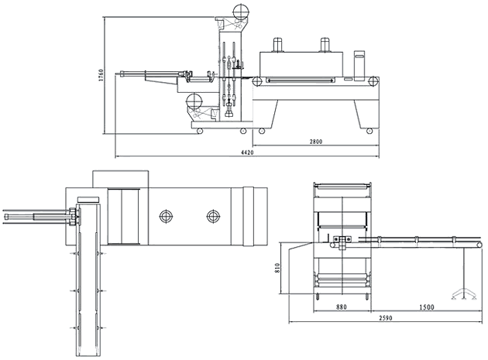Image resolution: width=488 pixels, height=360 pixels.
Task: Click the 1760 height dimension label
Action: (101, 76)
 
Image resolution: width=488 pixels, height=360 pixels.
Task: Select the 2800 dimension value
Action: (316, 142)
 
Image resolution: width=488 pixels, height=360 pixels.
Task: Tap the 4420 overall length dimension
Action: (247, 153)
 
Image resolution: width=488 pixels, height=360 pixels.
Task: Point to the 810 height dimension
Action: (277, 268)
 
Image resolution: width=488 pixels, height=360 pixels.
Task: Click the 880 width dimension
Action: (341, 307)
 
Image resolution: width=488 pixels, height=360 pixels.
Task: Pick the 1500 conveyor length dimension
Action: (426, 307)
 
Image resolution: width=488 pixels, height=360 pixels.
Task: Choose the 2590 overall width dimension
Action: (386, 317)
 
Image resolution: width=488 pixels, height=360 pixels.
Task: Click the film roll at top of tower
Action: (242, 12)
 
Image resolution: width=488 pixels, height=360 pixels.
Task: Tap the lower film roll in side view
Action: (194, 101)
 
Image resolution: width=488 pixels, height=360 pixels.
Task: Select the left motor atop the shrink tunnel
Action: (278, 44)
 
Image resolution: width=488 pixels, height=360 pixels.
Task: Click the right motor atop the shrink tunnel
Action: (325, 44)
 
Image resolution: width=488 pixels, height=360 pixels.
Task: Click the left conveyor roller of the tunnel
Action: (257, 81)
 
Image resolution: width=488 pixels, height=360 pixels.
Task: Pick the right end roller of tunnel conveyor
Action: (373, 81)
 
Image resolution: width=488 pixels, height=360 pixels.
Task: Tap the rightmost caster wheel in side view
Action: (369, 131)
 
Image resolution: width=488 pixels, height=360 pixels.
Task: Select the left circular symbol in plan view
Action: (167, 216)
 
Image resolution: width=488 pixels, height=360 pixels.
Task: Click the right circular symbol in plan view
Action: (213, 216)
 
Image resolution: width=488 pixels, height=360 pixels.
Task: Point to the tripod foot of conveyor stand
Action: (464, 294)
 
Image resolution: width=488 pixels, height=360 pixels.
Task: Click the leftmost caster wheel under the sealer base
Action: (200, 131)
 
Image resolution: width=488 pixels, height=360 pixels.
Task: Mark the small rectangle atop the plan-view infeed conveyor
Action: (88, 199)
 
